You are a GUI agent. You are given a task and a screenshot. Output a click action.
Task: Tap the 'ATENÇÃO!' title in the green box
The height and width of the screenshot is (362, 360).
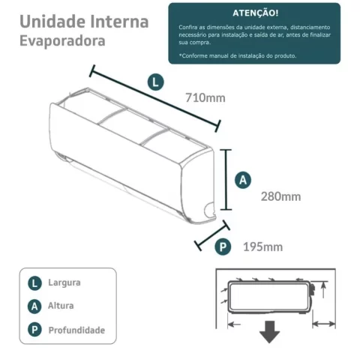click(x=253, y=13)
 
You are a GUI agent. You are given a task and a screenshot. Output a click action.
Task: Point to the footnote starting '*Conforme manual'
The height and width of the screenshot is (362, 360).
click(x=238, y=55)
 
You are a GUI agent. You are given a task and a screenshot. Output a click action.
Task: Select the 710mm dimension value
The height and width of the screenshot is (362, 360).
click(x=204, y=97)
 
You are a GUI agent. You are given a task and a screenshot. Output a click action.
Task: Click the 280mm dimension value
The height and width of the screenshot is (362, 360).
click(x=280, y=196)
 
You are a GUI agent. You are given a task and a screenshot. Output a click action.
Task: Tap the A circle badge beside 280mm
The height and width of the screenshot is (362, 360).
click(x=243, y=180)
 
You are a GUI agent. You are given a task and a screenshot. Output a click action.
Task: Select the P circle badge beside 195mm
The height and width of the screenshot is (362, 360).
click(x=223, y=247)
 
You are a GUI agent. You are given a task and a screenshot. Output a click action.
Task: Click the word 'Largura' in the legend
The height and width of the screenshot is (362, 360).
click(x=64, y=283)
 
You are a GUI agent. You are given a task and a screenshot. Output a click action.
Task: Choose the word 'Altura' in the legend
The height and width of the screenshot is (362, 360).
click(x=61, y=307)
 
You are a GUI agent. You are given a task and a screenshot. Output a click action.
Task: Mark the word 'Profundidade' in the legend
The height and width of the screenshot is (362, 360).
click(x=76, y=330)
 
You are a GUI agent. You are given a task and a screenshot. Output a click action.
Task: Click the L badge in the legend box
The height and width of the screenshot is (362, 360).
click(x=34, y=283)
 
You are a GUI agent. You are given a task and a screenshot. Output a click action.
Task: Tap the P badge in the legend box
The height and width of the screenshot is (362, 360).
click(x=34, y=330)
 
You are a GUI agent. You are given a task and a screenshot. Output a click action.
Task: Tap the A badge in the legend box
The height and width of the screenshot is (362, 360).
click(x=34, y=307)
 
